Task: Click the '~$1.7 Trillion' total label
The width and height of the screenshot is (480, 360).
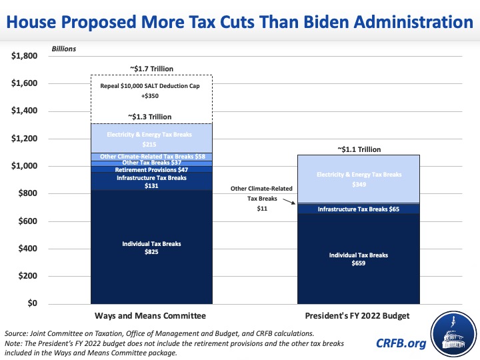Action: coord(151,68)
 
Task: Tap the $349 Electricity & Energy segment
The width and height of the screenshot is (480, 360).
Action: coord(359,178)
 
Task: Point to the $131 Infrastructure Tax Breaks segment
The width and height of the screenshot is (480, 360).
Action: coord(151,181)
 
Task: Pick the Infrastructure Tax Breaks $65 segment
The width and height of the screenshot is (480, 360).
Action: coord(359,209)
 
